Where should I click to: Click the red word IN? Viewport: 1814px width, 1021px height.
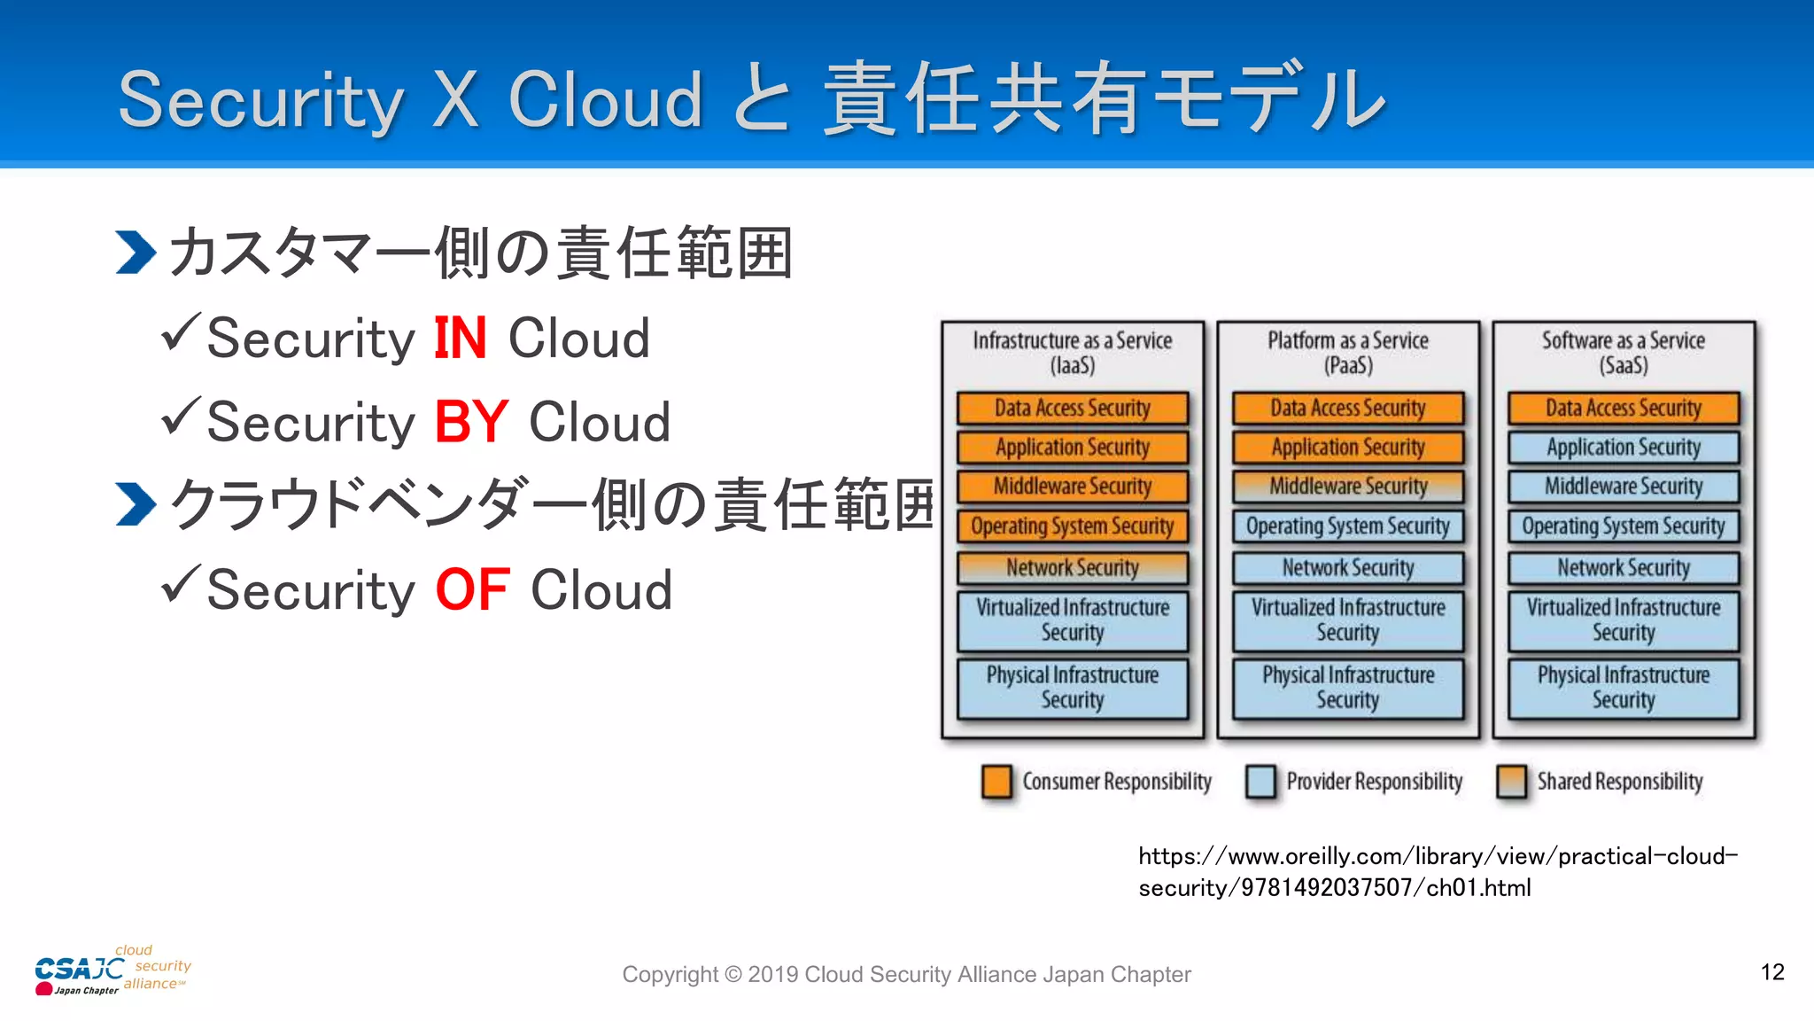461,339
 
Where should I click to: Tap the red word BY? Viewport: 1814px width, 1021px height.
471,422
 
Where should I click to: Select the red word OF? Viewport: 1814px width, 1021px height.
472,590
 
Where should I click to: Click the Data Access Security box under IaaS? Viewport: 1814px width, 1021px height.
1072,408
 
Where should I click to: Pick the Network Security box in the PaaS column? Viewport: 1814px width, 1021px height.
1347,567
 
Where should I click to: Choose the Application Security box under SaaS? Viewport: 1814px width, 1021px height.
1623,447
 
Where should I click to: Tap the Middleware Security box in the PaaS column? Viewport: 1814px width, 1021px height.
1347,486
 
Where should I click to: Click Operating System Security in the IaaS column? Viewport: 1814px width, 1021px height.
1072,526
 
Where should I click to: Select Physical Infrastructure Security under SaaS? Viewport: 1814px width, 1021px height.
1623,687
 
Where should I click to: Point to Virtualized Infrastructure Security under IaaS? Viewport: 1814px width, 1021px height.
1072,620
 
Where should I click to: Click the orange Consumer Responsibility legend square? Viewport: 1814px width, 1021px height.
996,782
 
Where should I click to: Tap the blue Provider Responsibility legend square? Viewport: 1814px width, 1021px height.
1260,782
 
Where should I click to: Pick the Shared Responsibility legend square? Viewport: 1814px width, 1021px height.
1511,782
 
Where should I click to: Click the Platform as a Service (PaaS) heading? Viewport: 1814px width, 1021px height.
1347,353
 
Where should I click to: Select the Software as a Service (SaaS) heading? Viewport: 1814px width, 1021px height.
1623,353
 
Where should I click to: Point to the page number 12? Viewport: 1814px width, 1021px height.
1771,972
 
